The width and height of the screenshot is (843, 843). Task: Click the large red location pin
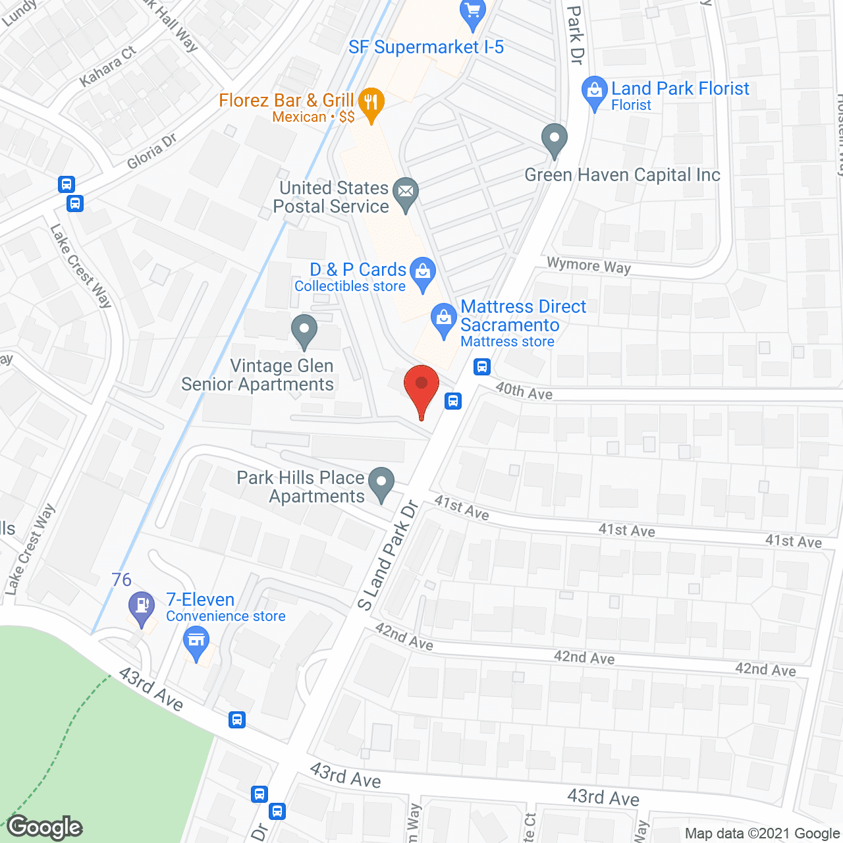tap(421, 386)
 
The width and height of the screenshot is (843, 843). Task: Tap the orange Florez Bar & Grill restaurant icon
tap(371, 103)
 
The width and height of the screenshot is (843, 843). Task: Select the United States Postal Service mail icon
tap(406, 193)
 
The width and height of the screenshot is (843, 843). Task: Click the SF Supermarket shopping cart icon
tap(472, 13)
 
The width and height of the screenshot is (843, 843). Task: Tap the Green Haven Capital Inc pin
tap(554, 139)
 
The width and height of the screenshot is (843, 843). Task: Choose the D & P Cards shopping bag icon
tap(422, 271)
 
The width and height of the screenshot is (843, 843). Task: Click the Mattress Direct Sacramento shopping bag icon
tap(444, 319)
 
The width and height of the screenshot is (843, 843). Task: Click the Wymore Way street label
tap(589, 265)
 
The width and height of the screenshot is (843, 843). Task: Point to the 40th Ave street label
tap(524, 391)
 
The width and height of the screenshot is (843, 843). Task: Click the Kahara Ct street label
tap(108, 66)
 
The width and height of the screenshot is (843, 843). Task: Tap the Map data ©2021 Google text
tap(762, 834)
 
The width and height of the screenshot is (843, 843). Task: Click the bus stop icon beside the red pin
tap(453, 400)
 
